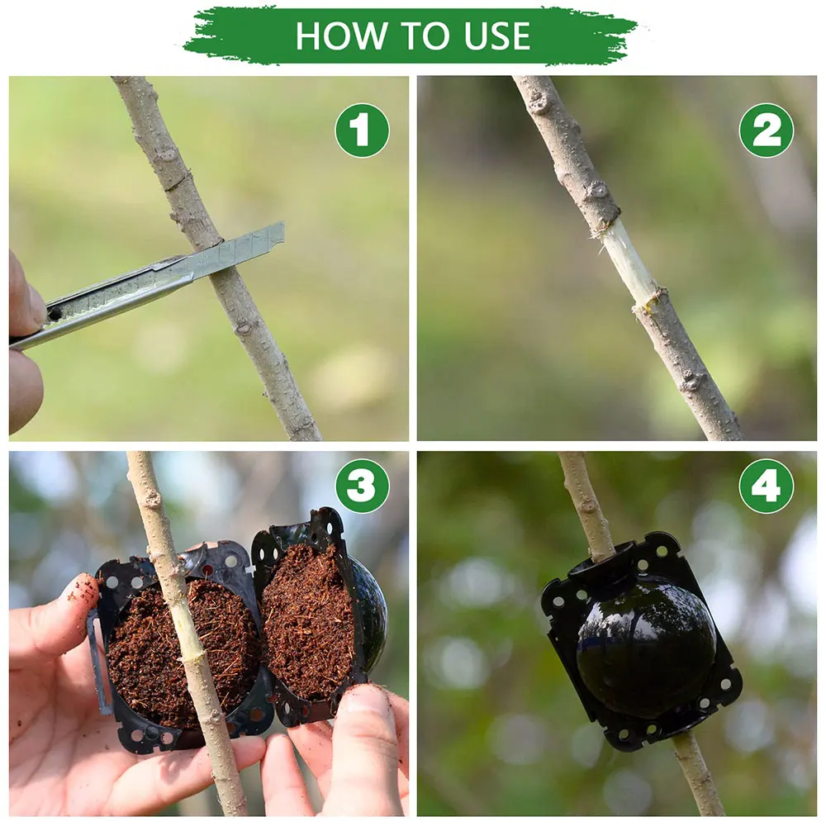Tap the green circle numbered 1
[362, 131]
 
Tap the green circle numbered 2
[766, 131]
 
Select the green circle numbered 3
[362, 486]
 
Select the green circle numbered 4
[766, 486]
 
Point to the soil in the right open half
[307, 619]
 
